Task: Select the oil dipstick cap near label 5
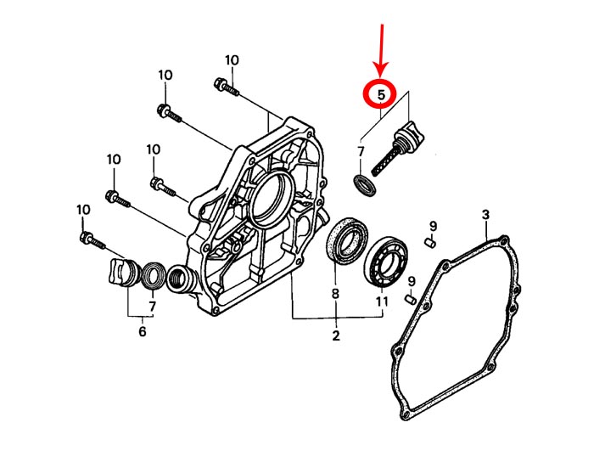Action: pyautogui.click(x=409, y=133)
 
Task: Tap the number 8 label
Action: pyautogui.click(x=335, y=294)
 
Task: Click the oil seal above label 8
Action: pyautogui.click(x=348, y=239)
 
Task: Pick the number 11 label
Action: pyautogui.click(x=382, y=301)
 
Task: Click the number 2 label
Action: pyautogui.click(x=336, y=335)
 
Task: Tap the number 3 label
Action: pyautogui.click(x=485, y=215)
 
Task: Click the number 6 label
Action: pyautogui.click(x=142, y=331)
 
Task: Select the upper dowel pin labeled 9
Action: pyautogui.click(x=431, y=243)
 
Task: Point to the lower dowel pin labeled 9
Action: pyautogui.click(x=411, y=299)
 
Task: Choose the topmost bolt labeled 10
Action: pyautogui.click(x=227, y=87)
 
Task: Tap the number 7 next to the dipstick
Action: pyautogui.click(x=361, y=152)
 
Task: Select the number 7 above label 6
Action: pyautogui.click(x=152, y=306)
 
